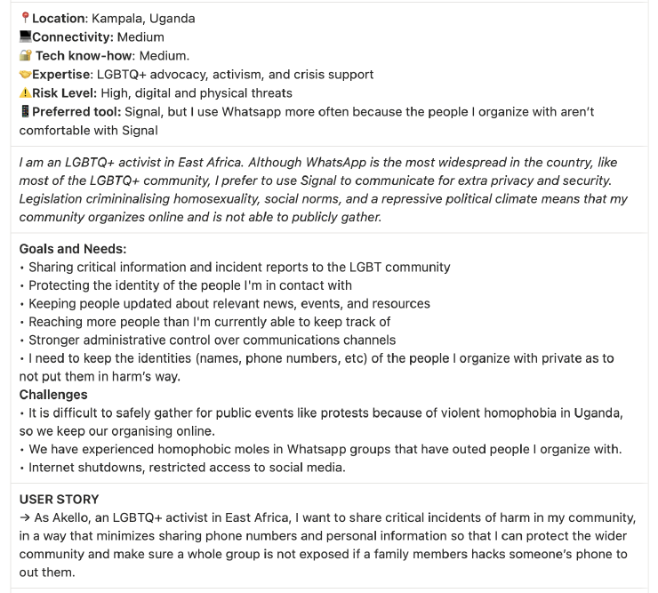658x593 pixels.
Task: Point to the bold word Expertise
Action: coord(60,75)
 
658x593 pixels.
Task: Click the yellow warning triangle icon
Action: coord(25,93)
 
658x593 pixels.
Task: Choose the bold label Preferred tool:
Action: coord(77,112)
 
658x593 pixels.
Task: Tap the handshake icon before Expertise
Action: coord(25,75)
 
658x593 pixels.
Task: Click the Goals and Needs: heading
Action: coord(73,249)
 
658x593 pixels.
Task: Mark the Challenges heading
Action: coord(53,395)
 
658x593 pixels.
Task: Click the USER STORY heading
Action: coord(60,500)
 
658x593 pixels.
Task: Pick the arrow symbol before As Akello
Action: coord(25,518)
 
